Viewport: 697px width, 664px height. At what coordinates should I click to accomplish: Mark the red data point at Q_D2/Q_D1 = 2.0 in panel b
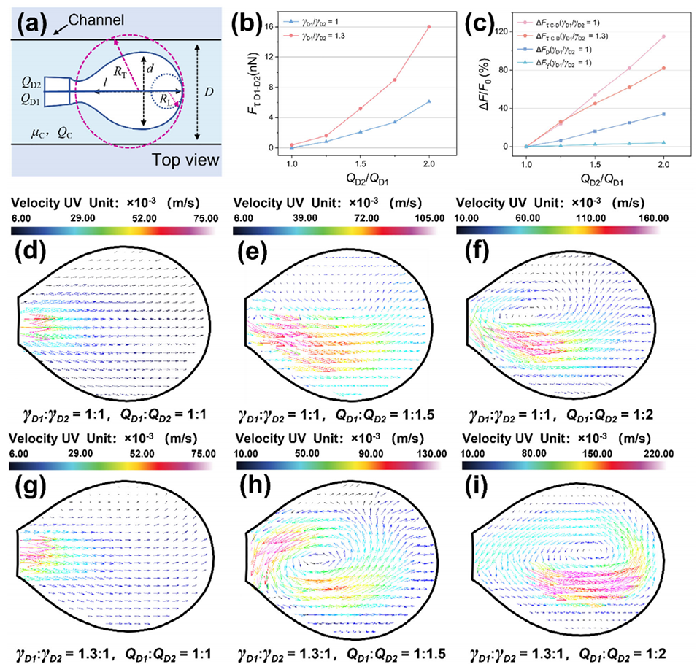click(429, 27)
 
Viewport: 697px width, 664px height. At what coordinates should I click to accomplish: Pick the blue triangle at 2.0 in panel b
click(429, 101)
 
